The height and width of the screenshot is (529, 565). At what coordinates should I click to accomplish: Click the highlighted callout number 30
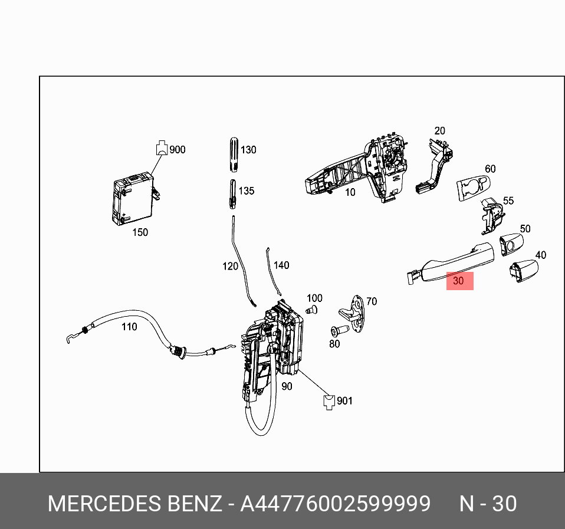click(x=460, y=282)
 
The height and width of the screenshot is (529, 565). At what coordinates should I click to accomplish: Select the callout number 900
click(x=177, y=150)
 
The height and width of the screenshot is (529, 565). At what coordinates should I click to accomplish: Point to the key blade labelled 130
click(x=234, y=154)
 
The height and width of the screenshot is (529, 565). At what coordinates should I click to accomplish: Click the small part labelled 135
click(x=233, y=193)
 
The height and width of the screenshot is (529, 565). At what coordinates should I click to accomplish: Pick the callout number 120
click(x=230, y=267)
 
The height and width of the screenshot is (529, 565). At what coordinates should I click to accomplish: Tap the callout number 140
click(x=281, y=265)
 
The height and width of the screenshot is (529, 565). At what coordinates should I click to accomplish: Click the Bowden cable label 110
click(x=129, y=327)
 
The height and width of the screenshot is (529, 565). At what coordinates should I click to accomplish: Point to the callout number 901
click(x=344, y=401)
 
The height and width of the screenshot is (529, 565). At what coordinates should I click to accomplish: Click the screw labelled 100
click(x=313, y=310)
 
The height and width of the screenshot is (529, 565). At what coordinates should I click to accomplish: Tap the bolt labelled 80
click(x=340, y=330)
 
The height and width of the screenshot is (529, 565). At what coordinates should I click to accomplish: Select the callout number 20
click(x=439, y=131)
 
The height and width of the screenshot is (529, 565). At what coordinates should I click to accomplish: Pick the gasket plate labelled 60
click(x=473, y=188)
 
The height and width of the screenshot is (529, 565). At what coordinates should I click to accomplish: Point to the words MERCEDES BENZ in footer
click(x=134, y=505)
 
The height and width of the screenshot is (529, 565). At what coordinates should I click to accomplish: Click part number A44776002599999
click(x=335, y=505)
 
